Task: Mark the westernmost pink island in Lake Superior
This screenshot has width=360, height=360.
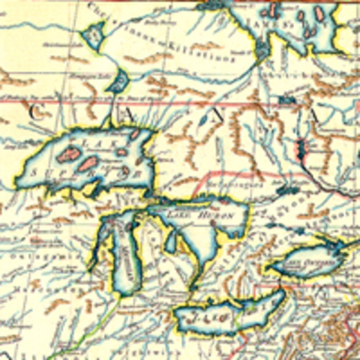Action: pyautogui.click(x=69, y=156)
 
